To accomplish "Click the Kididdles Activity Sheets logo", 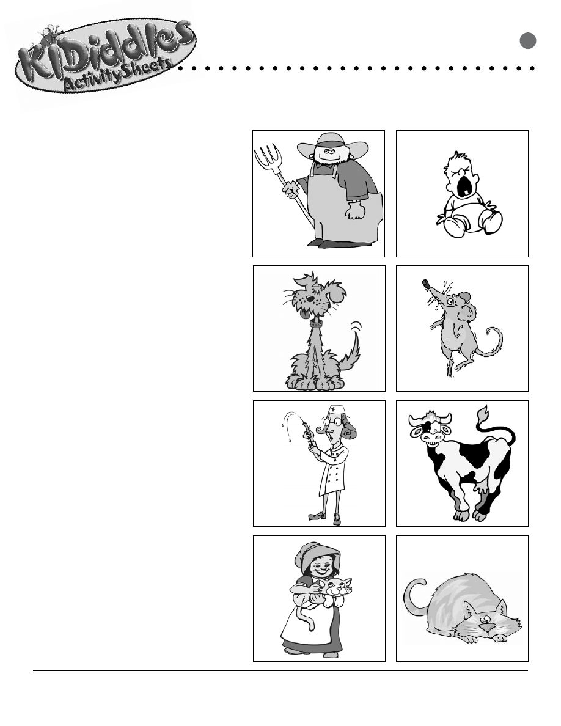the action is coord(106,56).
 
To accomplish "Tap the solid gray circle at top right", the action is coord(527,41).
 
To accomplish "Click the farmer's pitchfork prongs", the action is coord(268,158).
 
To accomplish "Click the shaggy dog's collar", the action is coord(316,324).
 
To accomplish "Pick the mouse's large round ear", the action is coord(468,312).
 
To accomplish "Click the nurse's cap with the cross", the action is coord(337,411).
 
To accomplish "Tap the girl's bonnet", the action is coord(315,555).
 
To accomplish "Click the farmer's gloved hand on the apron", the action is coord(355,211).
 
